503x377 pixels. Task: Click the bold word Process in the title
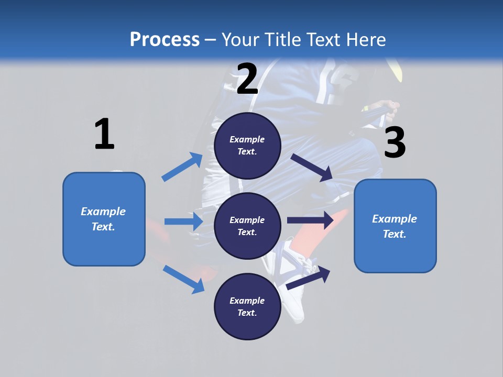click(165, 39)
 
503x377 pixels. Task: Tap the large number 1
click(104, 134)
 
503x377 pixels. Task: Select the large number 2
click(247, 79)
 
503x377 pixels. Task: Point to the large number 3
click(395, 143)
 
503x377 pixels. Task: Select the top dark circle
click(247, 146)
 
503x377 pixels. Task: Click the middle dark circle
click(247, 226)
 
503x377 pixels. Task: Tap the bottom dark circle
click(247, 307)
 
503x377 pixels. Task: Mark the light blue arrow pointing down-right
click(183, 279)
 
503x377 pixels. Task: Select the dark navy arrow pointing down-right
click(312, 167)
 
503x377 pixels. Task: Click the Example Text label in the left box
click(103, 219)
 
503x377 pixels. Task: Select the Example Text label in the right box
click(395, 226)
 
